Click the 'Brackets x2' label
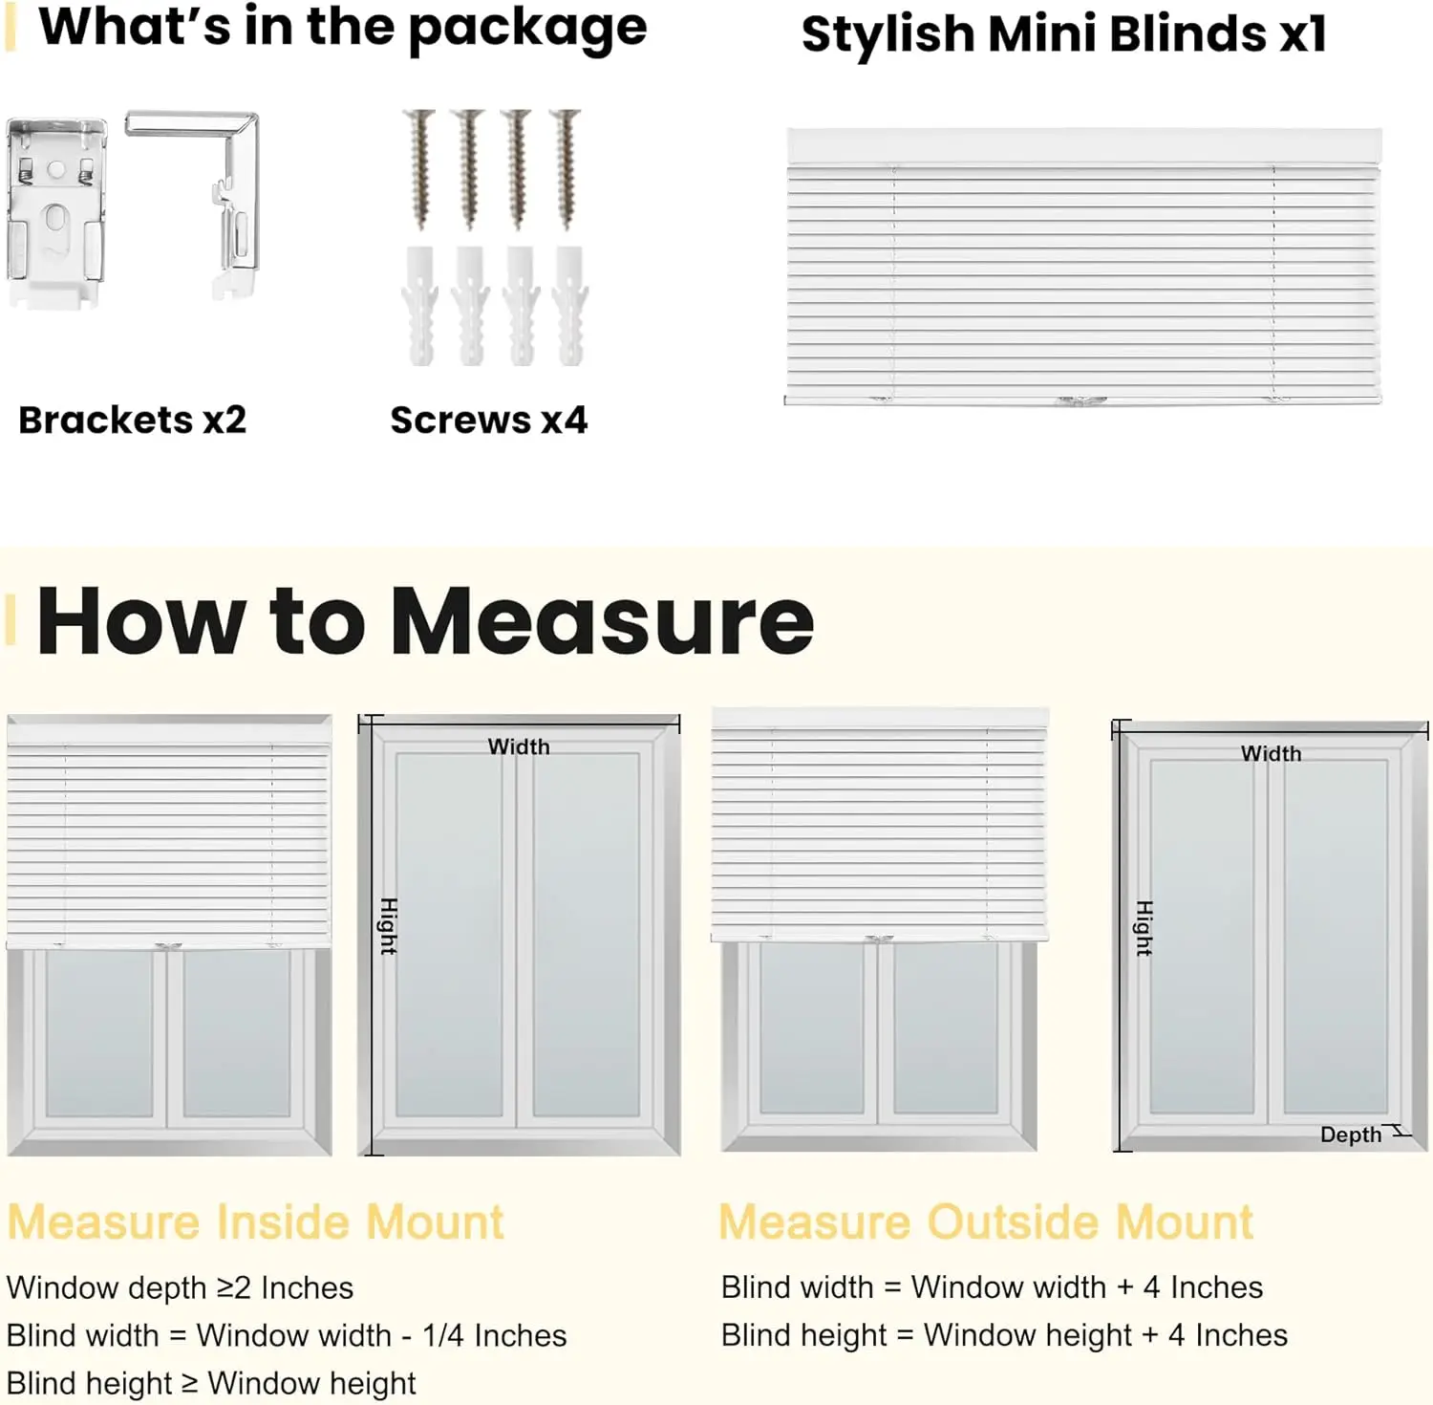click(x=132, y=420)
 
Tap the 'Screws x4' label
click(x=488, y=420)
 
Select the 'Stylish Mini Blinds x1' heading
click(x=1063, y=34)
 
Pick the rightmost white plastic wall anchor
click(x=570, y=306)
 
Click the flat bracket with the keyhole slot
click(x=55, y=212)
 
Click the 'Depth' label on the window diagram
click(x=1350, y=1135)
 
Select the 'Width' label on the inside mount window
click(x=519, y=746)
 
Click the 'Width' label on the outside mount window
click(x=1271, y=753)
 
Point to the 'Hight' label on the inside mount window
click(x=388, y=926)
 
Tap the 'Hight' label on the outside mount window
click(x=1144, y=928)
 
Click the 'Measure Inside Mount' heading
click(x=255, y=1222)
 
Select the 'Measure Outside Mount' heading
click(x=985, y=1222)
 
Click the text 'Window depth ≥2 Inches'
click(x=180, y=1287)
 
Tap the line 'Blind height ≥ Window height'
click(x=211, y=1383)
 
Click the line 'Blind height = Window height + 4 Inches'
click(x=1004, y=1335)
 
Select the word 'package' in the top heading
click(x=527, y=29)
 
